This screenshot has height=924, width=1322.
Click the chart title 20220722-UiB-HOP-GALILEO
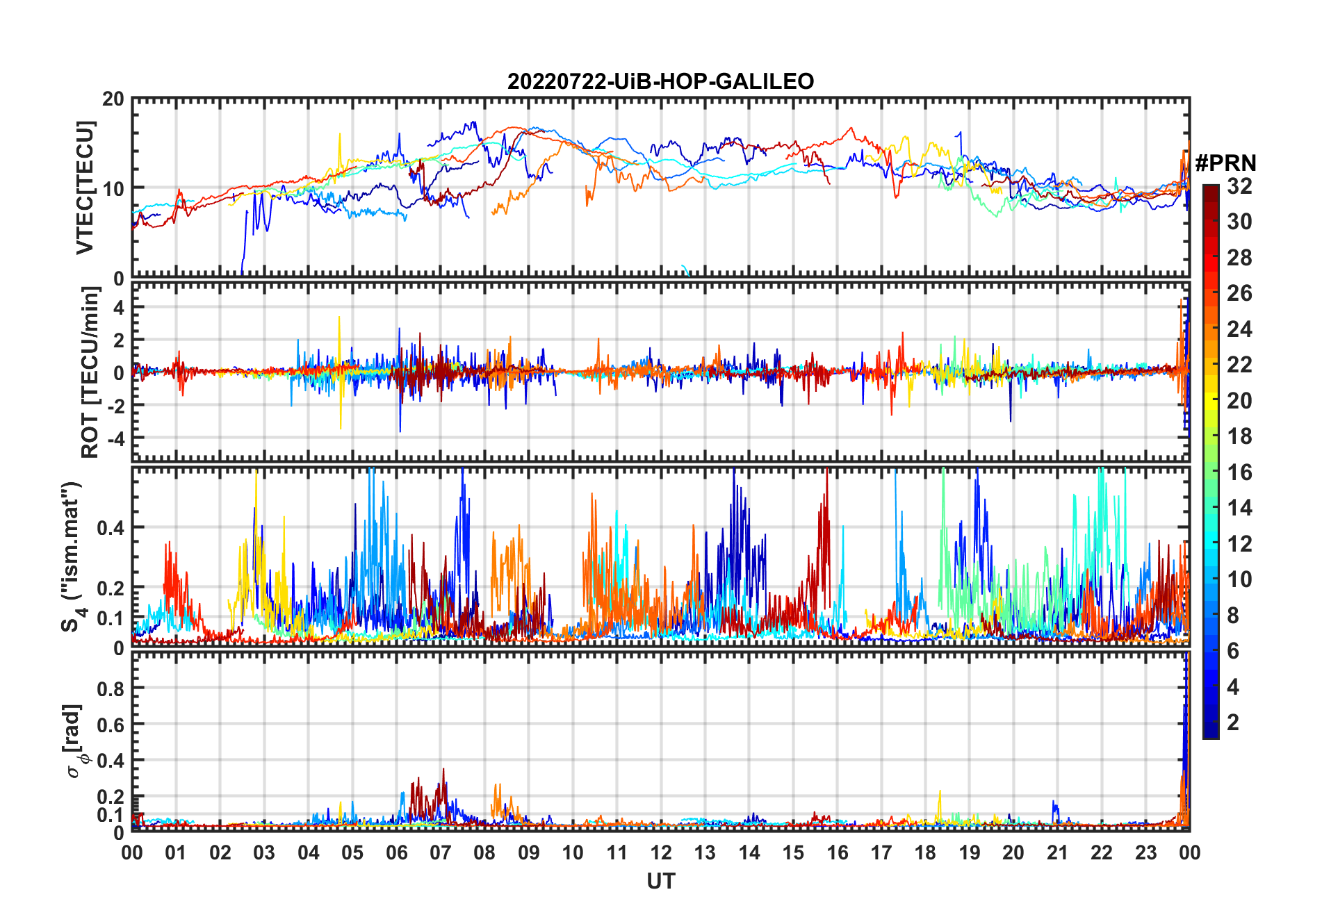(660, 82)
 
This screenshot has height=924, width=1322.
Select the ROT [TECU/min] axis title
(90, 372)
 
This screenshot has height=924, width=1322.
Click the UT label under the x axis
(660, 881)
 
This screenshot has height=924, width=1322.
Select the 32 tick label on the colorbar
(1239, 186)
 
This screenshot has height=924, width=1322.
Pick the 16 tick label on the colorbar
(1239, 472)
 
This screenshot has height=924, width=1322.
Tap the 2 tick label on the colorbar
(1233, 723)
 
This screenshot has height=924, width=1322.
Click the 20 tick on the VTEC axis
(113, 99)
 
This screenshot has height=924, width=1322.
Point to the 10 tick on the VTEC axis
(113, 188)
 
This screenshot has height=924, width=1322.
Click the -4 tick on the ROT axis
(115, 438)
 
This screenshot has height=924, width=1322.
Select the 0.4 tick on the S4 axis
(111, 528)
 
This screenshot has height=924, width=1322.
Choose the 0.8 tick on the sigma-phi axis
(111, 688)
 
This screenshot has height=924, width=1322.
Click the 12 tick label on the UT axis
(660, 853)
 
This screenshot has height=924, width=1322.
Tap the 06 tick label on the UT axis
(396, 853)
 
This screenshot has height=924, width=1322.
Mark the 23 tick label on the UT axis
(1145, 853)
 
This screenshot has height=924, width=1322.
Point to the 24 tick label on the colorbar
(1239, 329)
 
